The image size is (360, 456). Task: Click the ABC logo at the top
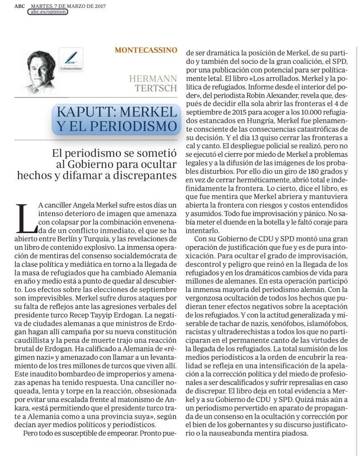[20, 6]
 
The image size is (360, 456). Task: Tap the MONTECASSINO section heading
[146, 50]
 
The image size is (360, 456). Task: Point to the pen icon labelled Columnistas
[70, 58]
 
